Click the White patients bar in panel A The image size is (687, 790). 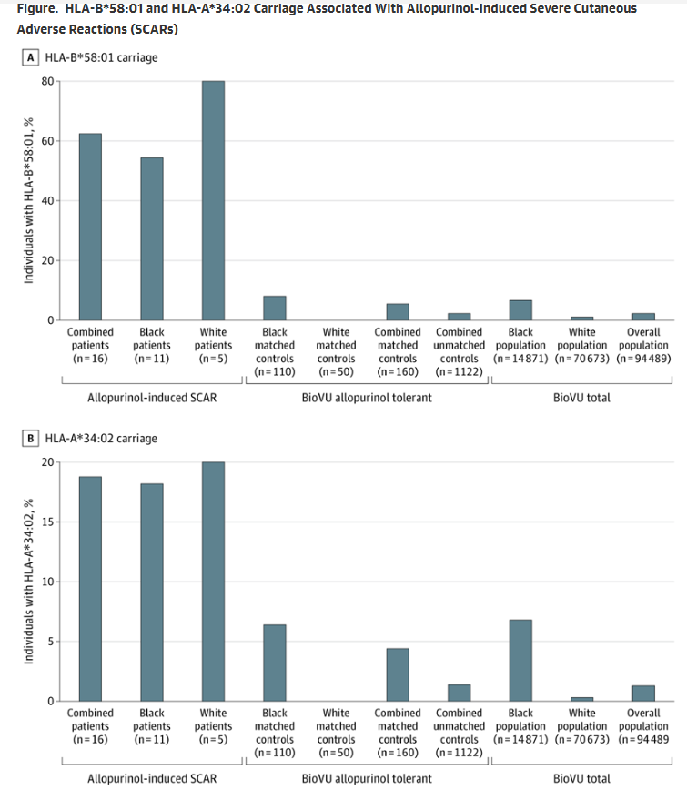pyautogui.click(x=213, y=200)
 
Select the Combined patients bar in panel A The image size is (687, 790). pyautogui.click(x=90, y=227)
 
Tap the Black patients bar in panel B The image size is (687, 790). pyautogui.click(x=152, y=592)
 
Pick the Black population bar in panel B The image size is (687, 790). pyautogui.click(x=520, y=660)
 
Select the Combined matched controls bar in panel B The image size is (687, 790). pyautogui.click(x=398, y=674)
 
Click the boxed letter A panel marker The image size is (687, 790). pyautogui.click(x=31, y=57)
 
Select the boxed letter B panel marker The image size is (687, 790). pyautogui.click(x=31, y=438)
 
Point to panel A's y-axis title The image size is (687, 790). pyautogui.click(x=28, y=201)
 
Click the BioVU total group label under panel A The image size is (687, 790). pyautogui.click(x=581, y=398)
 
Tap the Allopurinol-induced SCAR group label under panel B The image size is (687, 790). pyautogui.click(x=151, y=778)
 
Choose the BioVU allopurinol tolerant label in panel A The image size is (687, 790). pyautogui.click(x=367, y=398)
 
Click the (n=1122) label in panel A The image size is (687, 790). pyautogui.click(x=460, y=370)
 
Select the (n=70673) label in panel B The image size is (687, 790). pyautogui.click(x=582, y=739)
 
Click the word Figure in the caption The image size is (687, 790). pyautogui.click(x=37, y=9)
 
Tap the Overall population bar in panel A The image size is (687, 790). pyautogui.click(x=643, y=316)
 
